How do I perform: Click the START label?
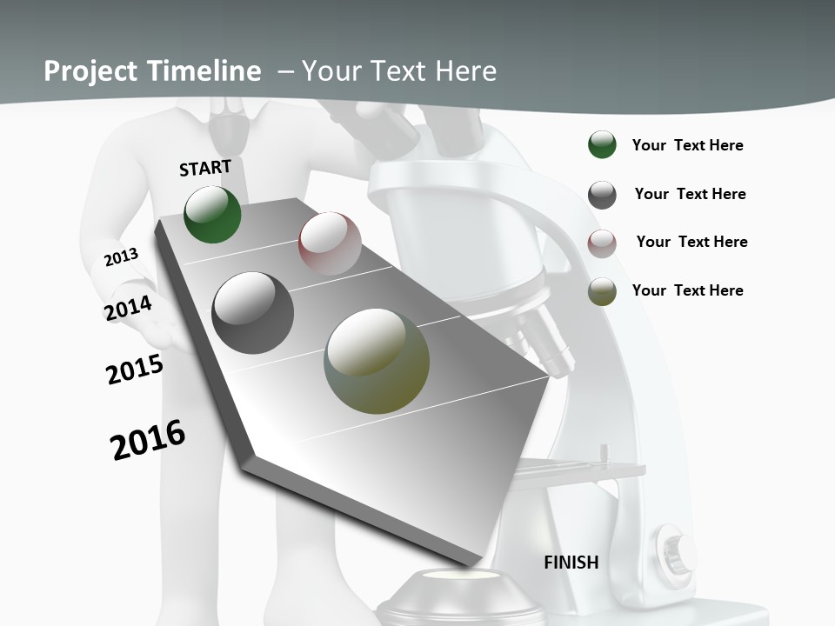tap(205, 168)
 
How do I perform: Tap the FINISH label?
tap(571, 563)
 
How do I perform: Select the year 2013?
tap(122, 256)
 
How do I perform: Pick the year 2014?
tap(129, 309)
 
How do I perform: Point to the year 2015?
tap(135, 370)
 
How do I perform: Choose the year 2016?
tap(148, 439)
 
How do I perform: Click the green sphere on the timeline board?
tap(212, 214)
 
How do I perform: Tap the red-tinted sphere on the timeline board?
tap(330, 243)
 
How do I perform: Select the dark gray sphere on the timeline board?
tap(253, 313)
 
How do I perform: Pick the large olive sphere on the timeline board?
tap(377, 360)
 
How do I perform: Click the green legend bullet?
tap(602, 145)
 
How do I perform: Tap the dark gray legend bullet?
tap(602, 194)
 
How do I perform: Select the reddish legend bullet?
tap(602, 243)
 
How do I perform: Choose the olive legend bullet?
tap(602, 291)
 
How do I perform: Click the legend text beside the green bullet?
tap(687, 145)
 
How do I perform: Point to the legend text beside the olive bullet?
tap(687, 290)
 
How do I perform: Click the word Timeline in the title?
tap(205, 71)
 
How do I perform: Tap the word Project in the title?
tap(87, 71)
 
